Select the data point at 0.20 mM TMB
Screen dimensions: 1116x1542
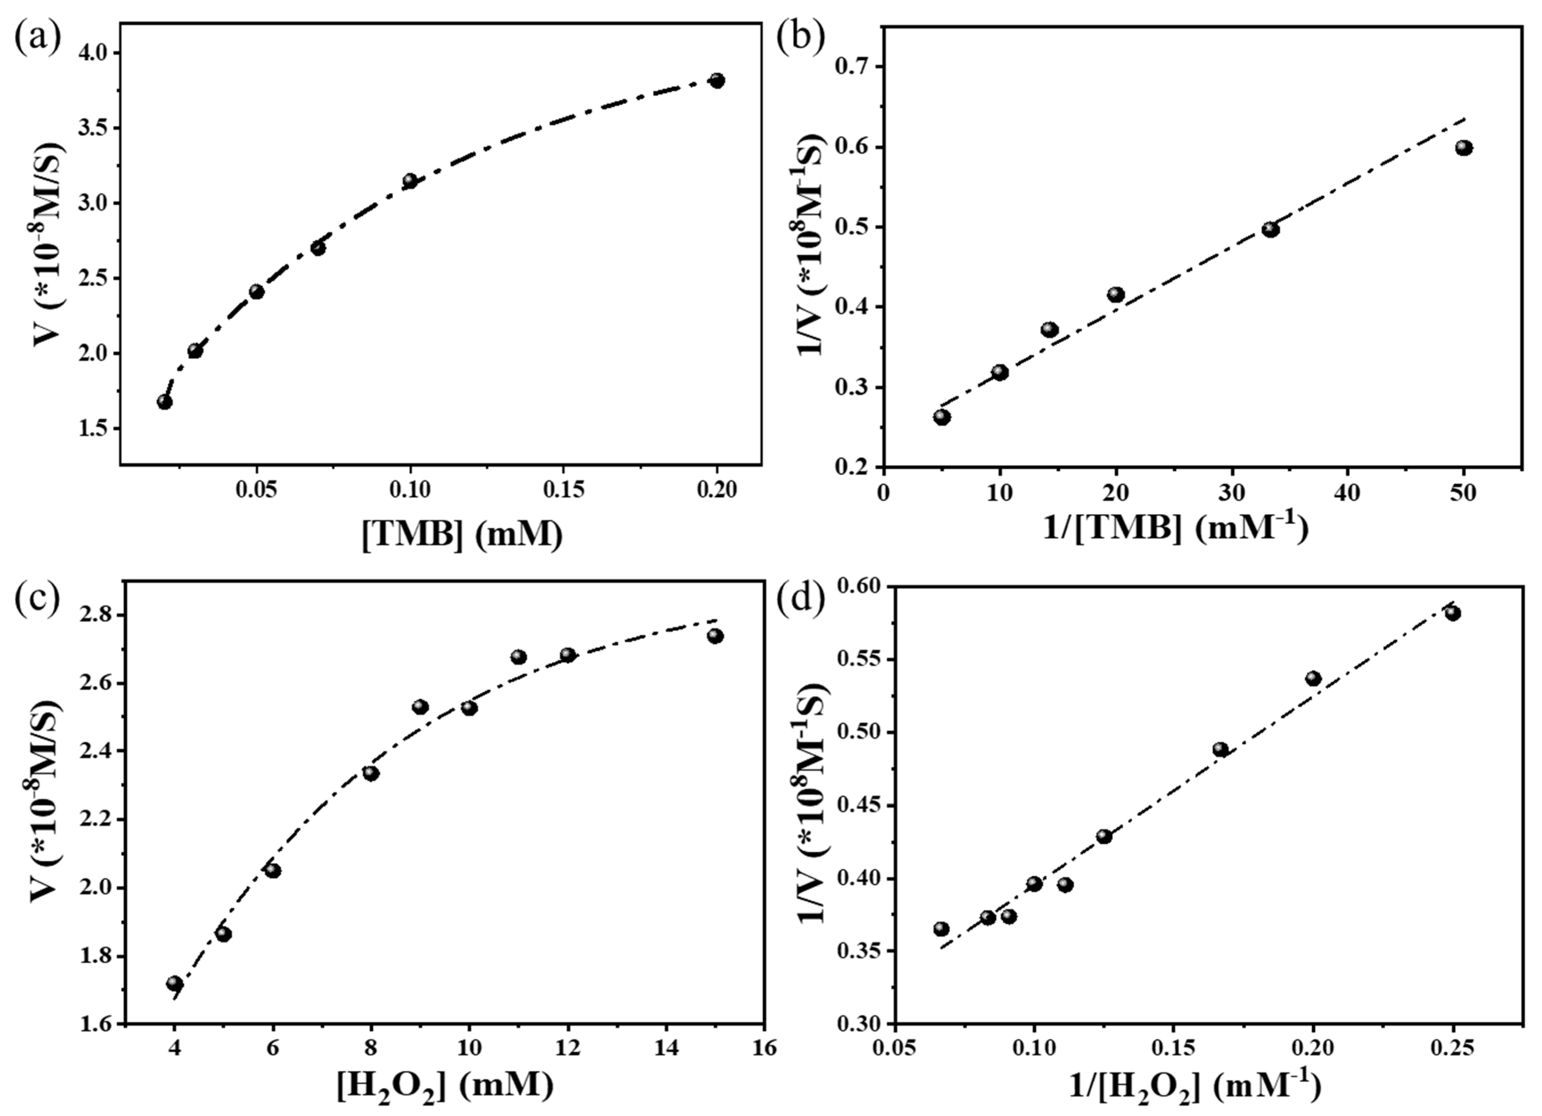tap(717, 81)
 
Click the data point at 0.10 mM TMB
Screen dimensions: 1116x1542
tap(410, 181)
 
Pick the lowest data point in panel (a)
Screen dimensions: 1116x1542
tap(165, 402)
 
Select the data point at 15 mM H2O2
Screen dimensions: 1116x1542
tap(715, 636)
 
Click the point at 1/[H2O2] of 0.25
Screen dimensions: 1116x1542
tap(1453, 613)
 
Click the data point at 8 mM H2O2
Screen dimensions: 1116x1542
tap(371, 773)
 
